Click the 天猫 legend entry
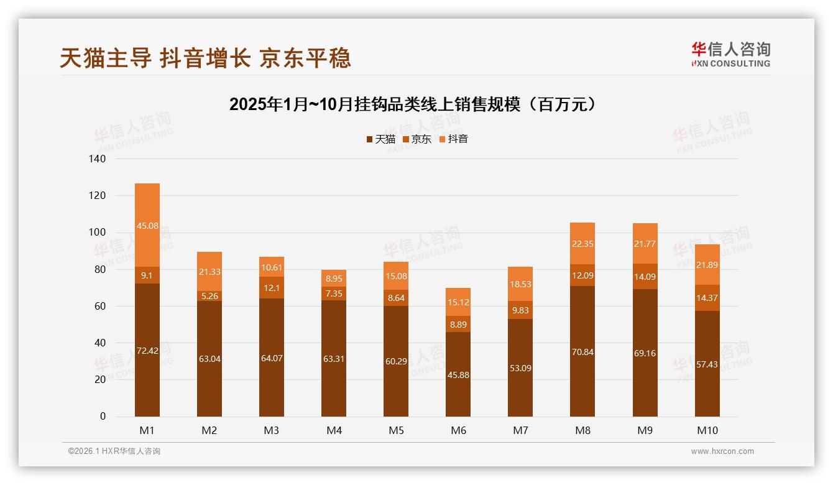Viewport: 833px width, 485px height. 380,139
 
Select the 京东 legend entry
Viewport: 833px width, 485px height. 417,139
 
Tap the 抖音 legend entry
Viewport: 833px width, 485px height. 453,139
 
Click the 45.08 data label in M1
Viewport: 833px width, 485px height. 147,226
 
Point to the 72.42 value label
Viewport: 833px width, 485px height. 147,351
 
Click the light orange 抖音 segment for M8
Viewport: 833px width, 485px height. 582,244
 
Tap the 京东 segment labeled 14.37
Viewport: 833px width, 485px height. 707,298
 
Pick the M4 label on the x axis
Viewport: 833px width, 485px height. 334,430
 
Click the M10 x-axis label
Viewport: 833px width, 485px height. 707,430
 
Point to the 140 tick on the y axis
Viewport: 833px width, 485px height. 98,159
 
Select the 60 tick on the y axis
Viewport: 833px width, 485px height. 100,307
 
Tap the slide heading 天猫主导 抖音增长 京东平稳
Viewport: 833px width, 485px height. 206,58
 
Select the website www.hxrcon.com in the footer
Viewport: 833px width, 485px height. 722,451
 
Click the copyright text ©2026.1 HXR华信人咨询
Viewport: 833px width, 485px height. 114,451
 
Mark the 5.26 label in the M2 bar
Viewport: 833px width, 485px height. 209,296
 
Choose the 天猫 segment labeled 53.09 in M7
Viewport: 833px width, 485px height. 520,368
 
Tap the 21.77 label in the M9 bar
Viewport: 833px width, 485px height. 645,244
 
